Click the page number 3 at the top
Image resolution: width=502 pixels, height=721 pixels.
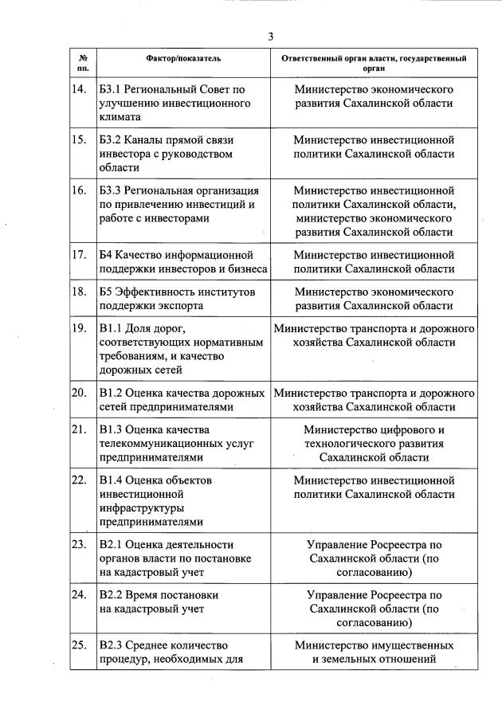[270, 37]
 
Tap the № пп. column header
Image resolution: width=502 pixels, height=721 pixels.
[83, 64]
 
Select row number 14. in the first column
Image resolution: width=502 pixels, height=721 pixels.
[79, 89]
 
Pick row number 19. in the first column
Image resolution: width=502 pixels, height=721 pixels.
[79, 328]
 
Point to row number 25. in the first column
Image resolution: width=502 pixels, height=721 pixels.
[79, 645]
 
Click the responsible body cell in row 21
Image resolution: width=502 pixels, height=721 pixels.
[374, 444]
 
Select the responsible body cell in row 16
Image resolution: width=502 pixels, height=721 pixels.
[374, 211]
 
